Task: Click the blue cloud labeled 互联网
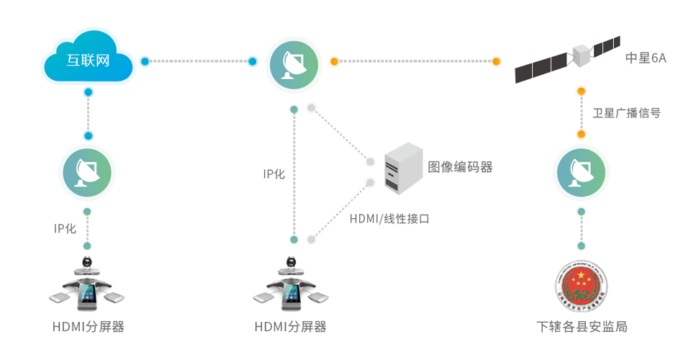point(88,61)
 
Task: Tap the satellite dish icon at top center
point(293,63)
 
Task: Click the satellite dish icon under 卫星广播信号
point(581,171)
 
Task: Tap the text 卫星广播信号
point(626,112)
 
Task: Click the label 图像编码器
point(461,167)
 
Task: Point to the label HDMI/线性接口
point(389,218)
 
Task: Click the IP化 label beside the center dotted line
point(274,174)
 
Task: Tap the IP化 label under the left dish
point(65,228)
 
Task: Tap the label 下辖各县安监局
point(582,327)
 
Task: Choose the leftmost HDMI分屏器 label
point(88,327)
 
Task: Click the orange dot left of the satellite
point(497,61)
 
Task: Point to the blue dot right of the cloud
point(145,61)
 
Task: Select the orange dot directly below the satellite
point(581,91)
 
